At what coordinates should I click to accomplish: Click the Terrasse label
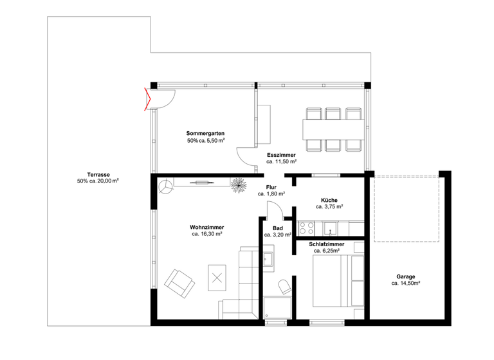pos(98,174)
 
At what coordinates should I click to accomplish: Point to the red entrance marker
pos(148,100)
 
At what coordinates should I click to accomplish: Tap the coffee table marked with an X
pos(217,277)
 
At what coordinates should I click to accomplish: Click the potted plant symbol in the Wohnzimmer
pos(239,184)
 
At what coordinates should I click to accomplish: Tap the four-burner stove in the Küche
pos(306,228)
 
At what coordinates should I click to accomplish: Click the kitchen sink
pos(331,228)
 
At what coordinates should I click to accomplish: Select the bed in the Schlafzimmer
pos(338,280)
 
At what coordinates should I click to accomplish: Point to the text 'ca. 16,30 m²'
pos(206,235)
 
